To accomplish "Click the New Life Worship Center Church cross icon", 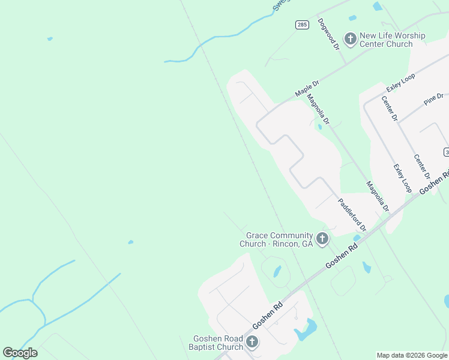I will click(x=350, y=39).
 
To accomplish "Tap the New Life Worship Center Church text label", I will click(x=393, y=40).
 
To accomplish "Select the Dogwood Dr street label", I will click(x=330, y=33).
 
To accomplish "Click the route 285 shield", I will click(x=301, y=25).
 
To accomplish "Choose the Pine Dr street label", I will click(x=433, y=99).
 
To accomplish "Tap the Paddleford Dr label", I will click(x=352, y=215).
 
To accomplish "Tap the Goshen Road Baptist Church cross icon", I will click(x=252, y=343).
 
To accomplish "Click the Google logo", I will click(x=20, y=352).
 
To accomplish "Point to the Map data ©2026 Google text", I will click(x=412, y=355).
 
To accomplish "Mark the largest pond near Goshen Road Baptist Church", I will click(x=307, y=329).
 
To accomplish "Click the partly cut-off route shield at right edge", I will click(x=446, y=151).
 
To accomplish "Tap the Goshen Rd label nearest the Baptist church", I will click(x=267, y=316).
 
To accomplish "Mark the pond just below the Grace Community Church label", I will click(x=277, y=271).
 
